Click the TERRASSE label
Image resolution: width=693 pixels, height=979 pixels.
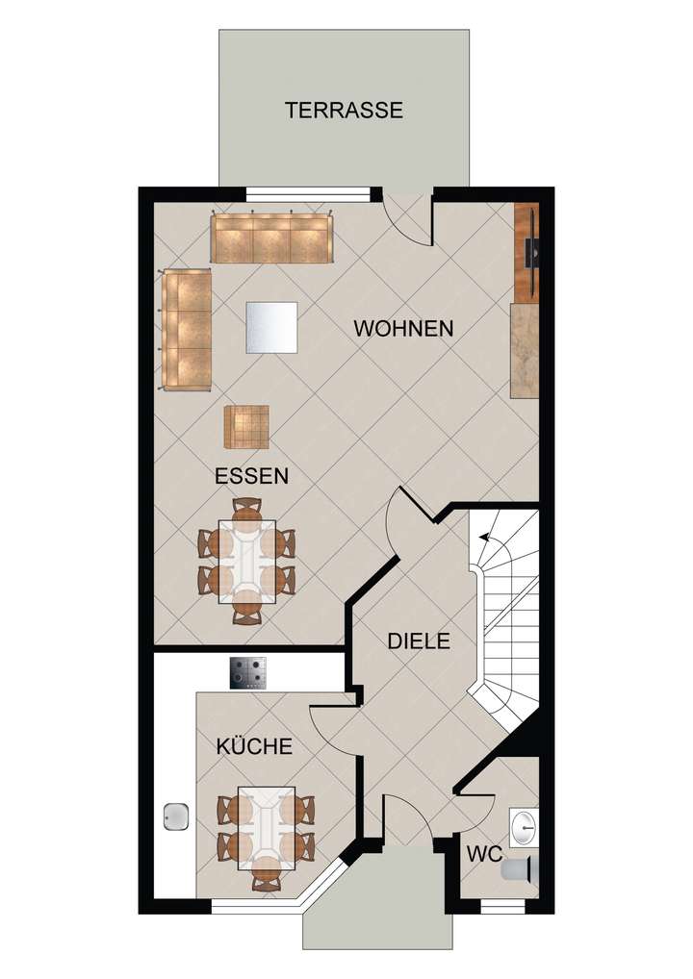344,110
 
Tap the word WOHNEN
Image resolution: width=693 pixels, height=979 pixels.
403,328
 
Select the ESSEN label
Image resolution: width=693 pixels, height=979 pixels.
252,475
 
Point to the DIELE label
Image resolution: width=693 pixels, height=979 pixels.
419,640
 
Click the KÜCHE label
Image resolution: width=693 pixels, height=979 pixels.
254,745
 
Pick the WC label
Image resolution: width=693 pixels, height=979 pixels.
483,854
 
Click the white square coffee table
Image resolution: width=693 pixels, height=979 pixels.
271,327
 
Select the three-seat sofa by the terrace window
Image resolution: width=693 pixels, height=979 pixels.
270,238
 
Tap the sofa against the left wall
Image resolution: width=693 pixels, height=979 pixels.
187,330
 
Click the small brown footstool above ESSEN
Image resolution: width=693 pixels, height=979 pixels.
247,427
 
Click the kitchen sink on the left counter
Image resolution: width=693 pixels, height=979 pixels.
176,817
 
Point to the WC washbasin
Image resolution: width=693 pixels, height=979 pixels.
525,824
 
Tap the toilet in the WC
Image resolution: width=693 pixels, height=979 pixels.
517,869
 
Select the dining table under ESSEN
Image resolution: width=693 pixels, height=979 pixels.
247,562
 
